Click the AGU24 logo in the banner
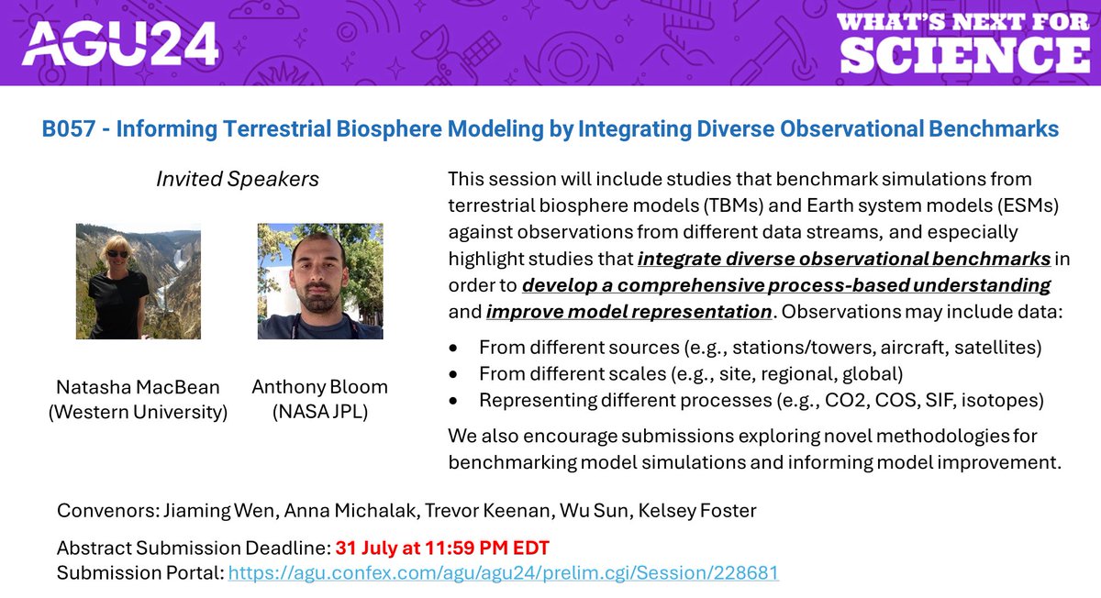(120, 42)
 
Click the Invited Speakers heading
(238, 179)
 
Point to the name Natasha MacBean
(138, 387)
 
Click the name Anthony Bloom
(320, 387)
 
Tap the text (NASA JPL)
(320, 412)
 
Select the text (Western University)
(138, 412)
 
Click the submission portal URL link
(503, 573)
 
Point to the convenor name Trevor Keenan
(450, 509)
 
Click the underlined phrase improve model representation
(628, 311)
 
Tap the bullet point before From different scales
(452, 374)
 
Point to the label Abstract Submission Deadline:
(193, 548)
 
